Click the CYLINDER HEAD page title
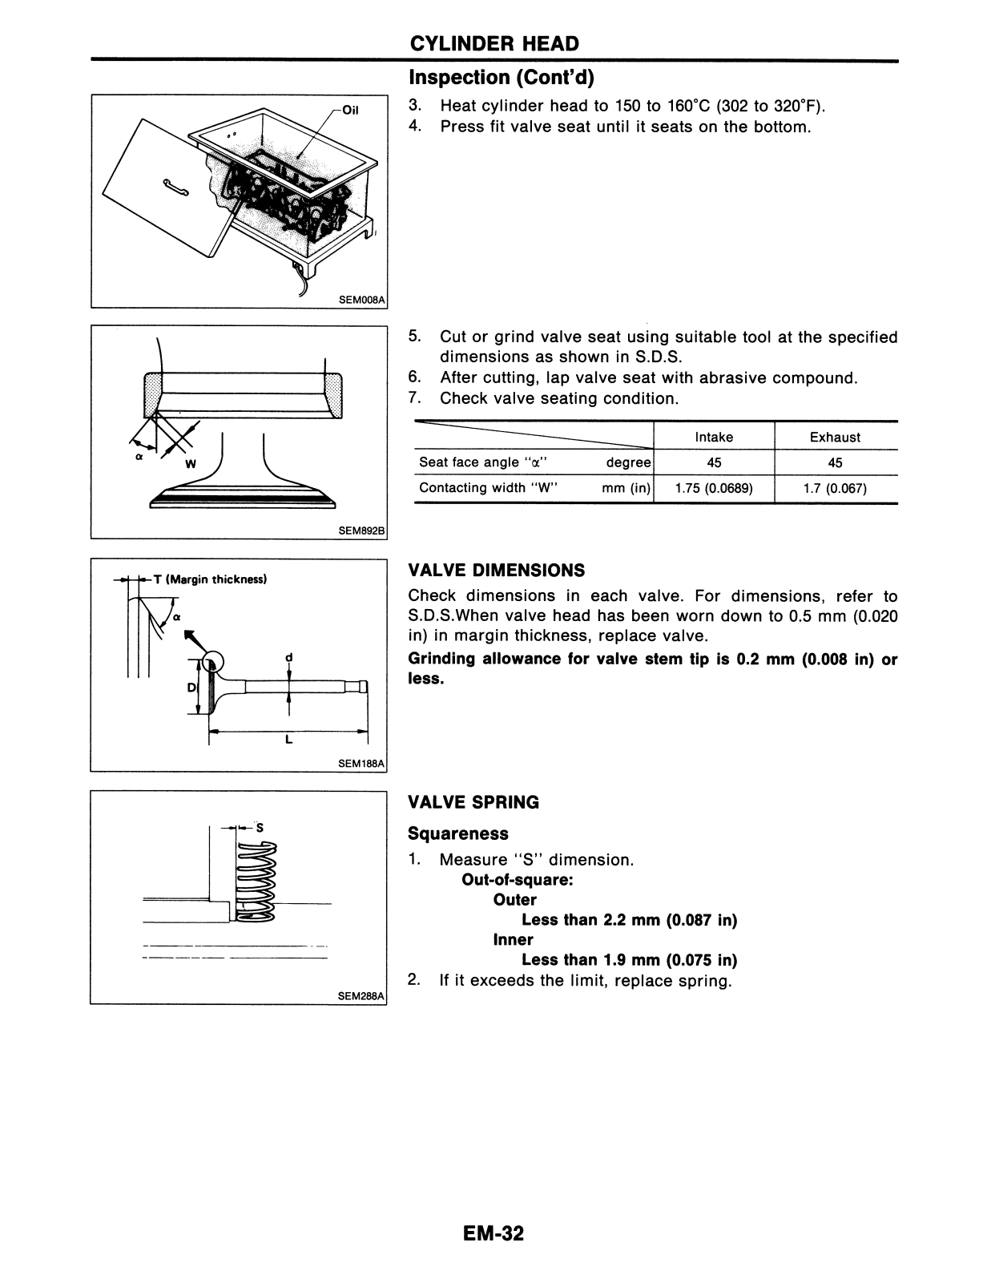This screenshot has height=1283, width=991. [493, 43]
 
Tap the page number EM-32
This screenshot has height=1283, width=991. [493, 1233]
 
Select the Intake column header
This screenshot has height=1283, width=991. [713, 437]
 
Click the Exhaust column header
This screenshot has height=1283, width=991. [835, 437]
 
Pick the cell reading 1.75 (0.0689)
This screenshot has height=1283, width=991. [713, 488]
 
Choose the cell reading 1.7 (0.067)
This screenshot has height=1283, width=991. [835, 488]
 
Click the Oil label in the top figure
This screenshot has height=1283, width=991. [350, 111]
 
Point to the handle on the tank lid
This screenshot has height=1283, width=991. [175, 188]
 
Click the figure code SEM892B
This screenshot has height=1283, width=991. [362, 531]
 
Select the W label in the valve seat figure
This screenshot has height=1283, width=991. [190, 463]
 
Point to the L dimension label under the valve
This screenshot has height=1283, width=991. [288, 740]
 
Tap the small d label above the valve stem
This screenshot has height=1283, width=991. [288, 658]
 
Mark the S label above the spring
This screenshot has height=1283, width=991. [260, 828]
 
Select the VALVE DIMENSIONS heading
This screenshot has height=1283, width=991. [497, 571]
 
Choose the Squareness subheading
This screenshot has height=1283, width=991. [457, 833]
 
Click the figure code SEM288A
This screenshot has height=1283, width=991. [362, 996]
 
